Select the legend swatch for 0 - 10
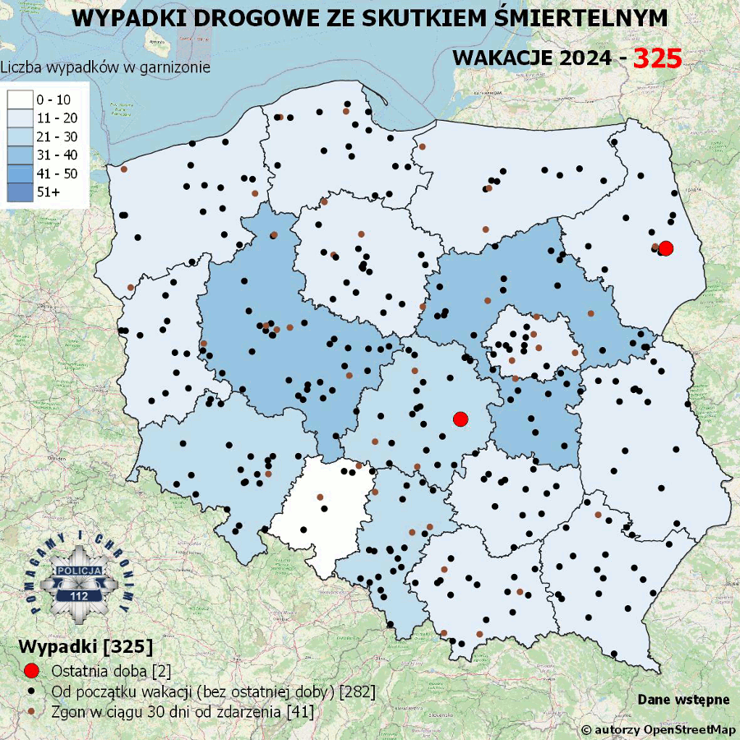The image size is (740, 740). point(19,99)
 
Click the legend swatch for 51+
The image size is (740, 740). point(19,191)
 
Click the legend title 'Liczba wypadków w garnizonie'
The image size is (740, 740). point(105,67)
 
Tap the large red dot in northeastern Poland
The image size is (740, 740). point(666,247)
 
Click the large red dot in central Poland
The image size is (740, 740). point(460,419)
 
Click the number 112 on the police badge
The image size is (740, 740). point(80,595)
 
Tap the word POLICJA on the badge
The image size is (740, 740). point(80,570)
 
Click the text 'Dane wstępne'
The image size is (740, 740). point(683,700)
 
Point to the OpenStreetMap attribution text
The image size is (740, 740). point(658,729)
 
